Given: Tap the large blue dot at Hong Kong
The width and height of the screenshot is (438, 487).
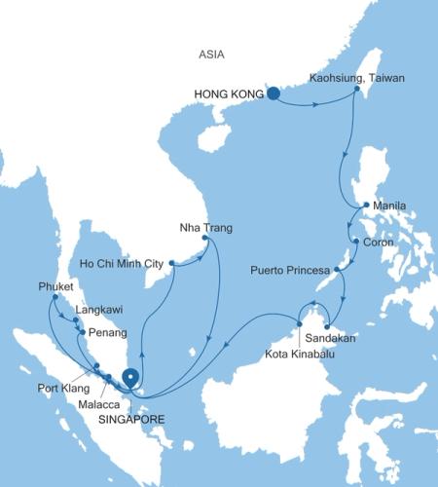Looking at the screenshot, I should [x=274, y=94].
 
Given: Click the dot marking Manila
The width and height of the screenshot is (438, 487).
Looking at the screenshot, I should [x=364, y=206].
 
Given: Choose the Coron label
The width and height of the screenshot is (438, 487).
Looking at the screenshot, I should [x=378, y=243].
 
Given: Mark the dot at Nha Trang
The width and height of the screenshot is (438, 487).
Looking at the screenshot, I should [x=204, y=239].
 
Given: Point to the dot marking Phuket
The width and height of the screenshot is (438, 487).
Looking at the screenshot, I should [x=55, y=297].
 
